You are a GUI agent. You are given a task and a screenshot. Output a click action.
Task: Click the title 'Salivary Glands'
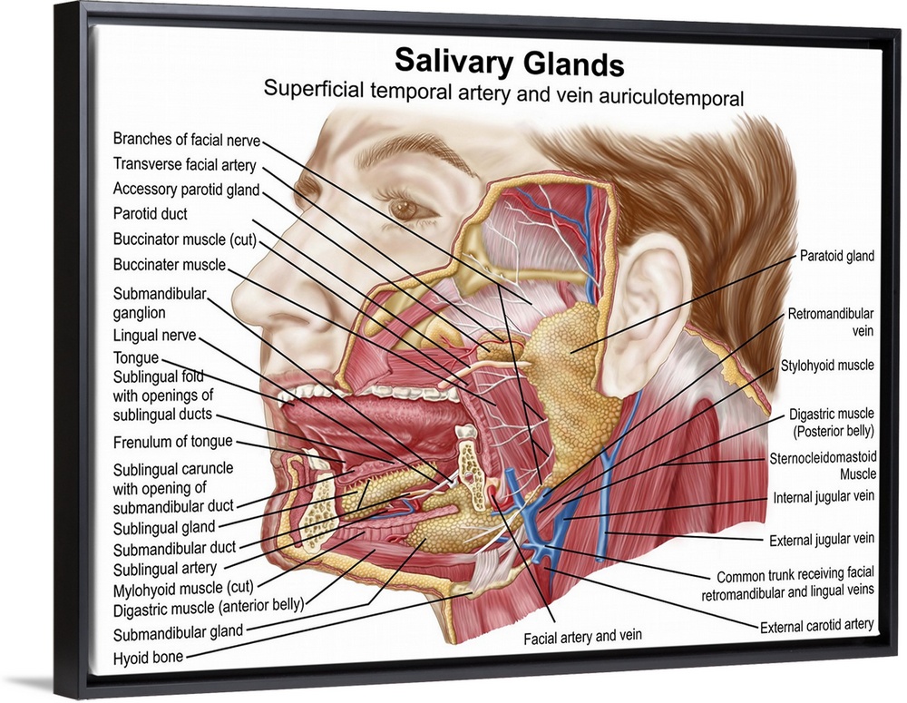point(509,63)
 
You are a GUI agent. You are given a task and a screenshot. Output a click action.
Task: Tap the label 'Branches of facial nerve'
point(186,140)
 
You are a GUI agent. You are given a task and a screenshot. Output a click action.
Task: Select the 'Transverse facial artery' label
point(184,165)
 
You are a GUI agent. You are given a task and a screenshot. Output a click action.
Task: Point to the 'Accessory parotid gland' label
point(186,190)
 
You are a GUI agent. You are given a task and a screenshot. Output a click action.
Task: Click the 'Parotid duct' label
point(151,215)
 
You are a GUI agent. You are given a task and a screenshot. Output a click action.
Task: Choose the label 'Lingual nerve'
point(154,337)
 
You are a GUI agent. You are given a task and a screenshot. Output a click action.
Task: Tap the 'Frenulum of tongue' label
point(172,442)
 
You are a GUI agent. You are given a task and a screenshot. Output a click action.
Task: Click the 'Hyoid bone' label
point(148,657)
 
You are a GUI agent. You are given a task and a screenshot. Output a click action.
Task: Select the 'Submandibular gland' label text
point(178,633)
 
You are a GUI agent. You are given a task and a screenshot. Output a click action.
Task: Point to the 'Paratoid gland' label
point(836,257)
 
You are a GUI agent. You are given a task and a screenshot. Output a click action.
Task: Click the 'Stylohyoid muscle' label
point(827,366)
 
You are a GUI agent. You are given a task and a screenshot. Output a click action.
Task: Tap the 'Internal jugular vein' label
point(824,498)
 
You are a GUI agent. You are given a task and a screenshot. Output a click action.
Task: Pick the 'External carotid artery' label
point(816,624)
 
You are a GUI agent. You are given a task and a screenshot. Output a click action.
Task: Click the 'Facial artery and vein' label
point(582,637)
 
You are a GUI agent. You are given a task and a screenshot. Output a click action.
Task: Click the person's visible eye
point(402,208)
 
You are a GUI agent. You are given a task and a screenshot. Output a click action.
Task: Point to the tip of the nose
point(238,296)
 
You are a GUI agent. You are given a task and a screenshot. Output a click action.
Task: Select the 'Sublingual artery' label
point(164,569)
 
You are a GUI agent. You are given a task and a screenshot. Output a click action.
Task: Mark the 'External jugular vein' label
point(822,539)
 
